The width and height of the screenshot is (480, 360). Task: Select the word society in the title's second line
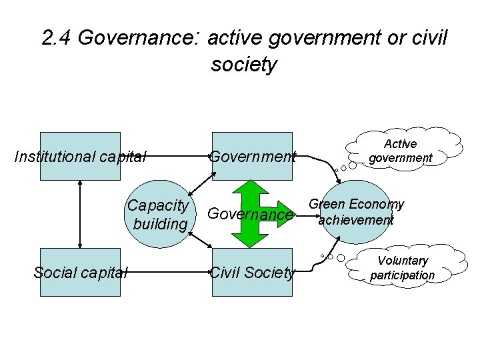pos(243,65)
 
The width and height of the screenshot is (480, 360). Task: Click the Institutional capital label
pos(80,157)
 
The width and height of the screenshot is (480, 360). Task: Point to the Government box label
pos(252,157)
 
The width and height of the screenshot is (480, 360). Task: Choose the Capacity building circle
pos(159,213)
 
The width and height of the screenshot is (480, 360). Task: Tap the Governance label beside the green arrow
pos(250,214)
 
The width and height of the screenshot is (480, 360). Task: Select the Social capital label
pos(80,272)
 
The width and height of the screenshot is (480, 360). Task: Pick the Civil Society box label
pos(252,272)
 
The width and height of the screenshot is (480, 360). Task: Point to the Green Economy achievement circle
pos(356,212)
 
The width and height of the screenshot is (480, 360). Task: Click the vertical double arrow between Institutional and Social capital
pos(80,214)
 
